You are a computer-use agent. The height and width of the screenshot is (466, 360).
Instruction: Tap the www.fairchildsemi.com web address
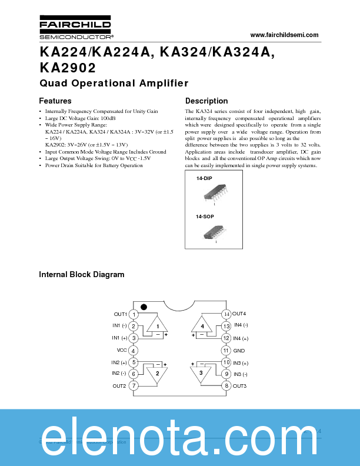pos(284,35)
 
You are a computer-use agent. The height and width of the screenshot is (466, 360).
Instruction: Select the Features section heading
pos(55,101)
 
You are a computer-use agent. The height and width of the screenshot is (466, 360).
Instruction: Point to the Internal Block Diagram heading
pos(82,274)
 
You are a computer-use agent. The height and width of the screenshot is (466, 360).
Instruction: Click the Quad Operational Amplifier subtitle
pos(114,83)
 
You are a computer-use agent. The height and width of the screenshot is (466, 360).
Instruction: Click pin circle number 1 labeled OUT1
pos(134,315)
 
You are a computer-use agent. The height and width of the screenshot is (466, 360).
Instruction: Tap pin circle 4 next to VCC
pos(134,351)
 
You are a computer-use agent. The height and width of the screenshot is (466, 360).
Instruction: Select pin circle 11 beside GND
pos(226,351)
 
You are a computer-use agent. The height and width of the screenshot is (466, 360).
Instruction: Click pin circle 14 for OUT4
pos(226,314)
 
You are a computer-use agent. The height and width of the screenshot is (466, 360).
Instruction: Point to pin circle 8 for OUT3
pos(226,386)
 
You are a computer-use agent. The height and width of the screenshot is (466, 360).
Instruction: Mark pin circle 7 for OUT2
pos(134,386)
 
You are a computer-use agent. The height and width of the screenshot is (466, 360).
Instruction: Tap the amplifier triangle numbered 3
pos(201,374)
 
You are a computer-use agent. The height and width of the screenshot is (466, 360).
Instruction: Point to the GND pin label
pos(239,351)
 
